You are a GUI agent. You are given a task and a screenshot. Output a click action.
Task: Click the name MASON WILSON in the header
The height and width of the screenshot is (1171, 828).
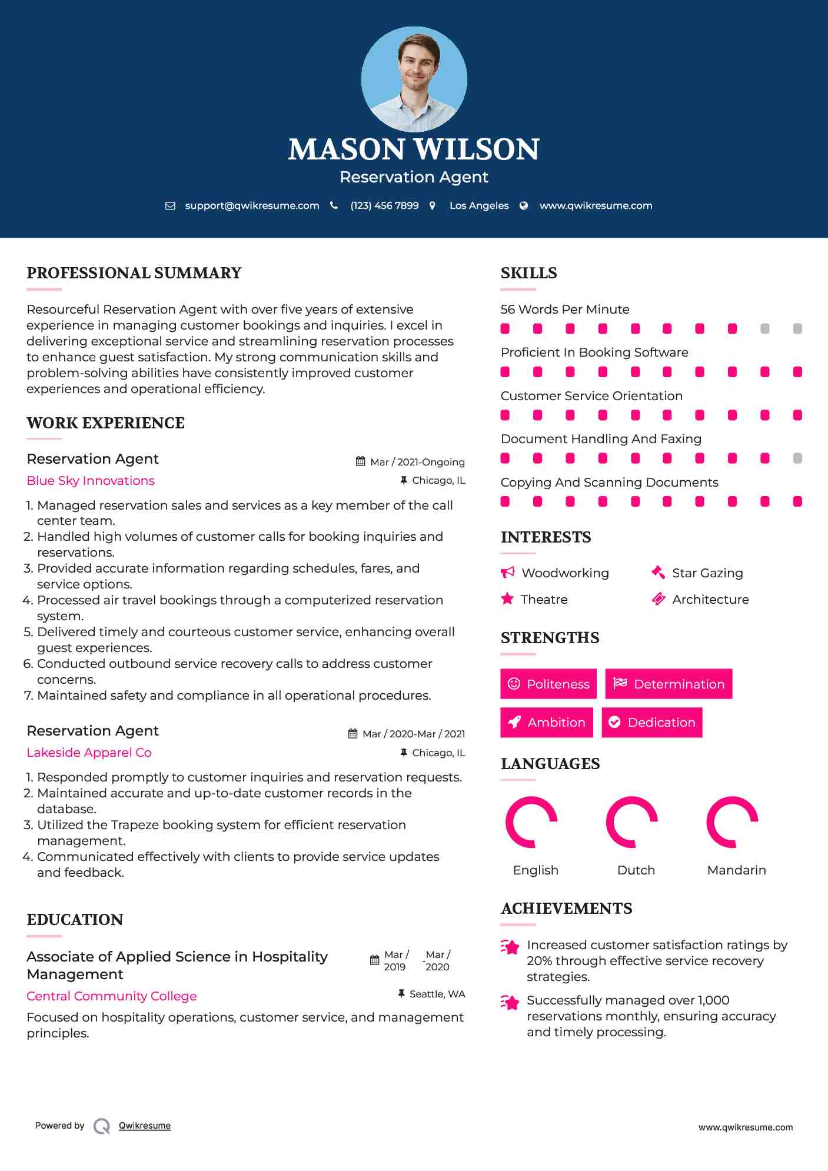[x=414, y=149]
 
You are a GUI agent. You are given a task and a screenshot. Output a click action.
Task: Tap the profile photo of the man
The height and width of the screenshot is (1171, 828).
[x=414, y=79]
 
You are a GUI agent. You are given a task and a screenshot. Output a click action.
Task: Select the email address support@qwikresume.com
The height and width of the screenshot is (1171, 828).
[x=252, y=205]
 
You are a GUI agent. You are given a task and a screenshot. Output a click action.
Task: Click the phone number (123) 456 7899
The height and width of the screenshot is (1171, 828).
[x=384, y=205]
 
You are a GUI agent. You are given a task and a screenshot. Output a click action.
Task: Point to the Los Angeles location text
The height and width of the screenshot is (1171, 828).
[x=478, y=205]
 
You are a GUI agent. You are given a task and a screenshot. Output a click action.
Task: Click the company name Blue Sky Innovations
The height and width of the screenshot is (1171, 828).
[x=91, y=481]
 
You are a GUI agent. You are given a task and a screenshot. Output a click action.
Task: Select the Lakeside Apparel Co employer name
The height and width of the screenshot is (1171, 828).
[x=89, y=753]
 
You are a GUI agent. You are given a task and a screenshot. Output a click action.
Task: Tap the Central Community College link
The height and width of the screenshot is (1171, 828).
[x=112, y=996]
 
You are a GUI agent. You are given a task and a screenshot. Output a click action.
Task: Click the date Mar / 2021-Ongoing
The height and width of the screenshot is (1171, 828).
[x=417, y=462]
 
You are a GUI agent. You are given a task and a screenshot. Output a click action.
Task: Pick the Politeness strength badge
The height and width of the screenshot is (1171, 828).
[x=548, y=684]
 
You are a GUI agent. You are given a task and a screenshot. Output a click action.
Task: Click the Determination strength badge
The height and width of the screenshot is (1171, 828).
[x=669, y=684]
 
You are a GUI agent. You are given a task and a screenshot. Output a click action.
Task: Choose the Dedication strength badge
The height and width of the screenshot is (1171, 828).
[x=652, y=722]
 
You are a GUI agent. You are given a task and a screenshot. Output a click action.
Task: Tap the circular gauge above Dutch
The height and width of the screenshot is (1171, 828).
[x=631, y=822]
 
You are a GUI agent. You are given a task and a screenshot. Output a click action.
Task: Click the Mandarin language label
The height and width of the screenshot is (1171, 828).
[x=736, y=870]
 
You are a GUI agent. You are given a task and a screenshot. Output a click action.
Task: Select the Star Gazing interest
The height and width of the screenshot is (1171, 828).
[x=707, y=573]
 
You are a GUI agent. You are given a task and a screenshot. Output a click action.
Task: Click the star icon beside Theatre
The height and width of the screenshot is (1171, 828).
[x=507, y=599]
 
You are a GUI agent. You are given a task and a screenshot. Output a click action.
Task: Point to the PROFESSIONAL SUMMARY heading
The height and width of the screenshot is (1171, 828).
[x=134, y=273]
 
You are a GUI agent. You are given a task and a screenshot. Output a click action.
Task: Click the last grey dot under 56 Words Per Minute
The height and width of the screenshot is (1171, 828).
[x=797, y=329]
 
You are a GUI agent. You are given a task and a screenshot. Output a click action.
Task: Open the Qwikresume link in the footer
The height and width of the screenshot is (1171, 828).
[x=145, y=1126]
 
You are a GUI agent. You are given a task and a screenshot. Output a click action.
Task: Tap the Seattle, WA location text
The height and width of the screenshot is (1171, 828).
[x=437, y=994]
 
